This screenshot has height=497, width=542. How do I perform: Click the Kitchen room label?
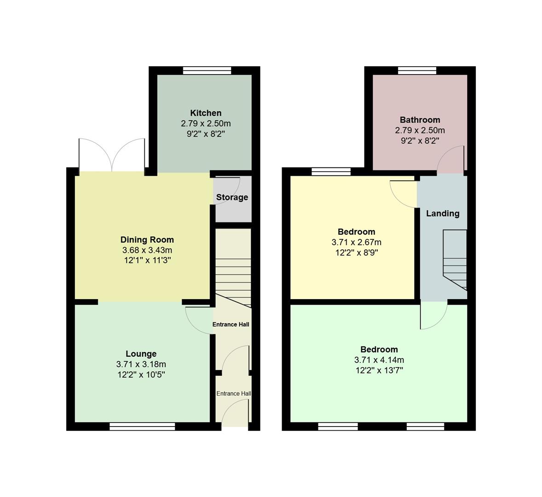206,113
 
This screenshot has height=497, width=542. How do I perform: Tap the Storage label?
232,197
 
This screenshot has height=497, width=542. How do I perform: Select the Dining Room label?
147,240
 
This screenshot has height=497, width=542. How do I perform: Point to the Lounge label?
141,354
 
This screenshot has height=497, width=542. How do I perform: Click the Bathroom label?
420,120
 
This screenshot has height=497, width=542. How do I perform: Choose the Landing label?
443,214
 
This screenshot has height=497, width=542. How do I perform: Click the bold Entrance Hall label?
231,324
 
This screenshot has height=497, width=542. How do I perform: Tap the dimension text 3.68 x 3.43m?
147,250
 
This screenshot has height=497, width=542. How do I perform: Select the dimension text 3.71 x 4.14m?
379,360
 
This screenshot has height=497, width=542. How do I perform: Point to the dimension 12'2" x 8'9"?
356,252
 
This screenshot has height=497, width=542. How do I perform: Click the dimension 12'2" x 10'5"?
141,375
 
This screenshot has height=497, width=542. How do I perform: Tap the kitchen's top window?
206,70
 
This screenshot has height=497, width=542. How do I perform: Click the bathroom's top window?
417,70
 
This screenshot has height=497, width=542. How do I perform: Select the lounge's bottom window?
142,427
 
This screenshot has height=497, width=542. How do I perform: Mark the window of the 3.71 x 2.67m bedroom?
331,172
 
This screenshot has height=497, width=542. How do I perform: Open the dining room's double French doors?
112,155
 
